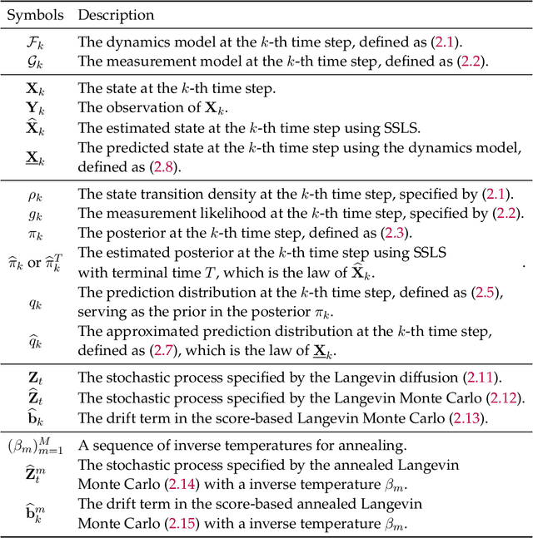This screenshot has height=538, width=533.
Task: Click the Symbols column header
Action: coord(37,15)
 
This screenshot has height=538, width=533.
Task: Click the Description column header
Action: coord(116,15)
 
